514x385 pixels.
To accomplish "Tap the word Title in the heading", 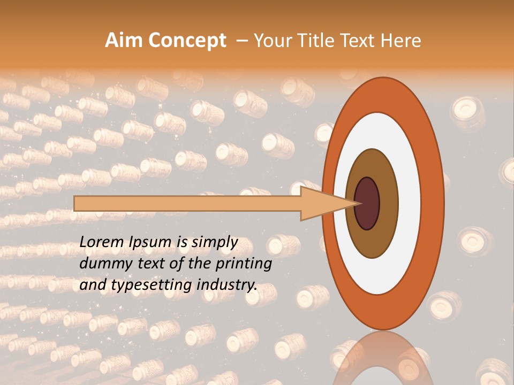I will [x=319, y=41].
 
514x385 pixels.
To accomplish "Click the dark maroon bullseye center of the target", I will [x=367, y=204].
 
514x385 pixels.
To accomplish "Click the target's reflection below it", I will [x=382, y=358].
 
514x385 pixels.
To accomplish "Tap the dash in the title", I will [x=241, y=41].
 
